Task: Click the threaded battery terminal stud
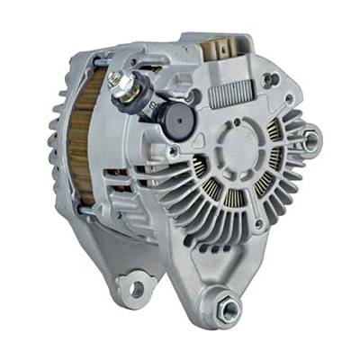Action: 115,80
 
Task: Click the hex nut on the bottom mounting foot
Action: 229,309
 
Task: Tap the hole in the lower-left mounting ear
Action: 135,288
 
